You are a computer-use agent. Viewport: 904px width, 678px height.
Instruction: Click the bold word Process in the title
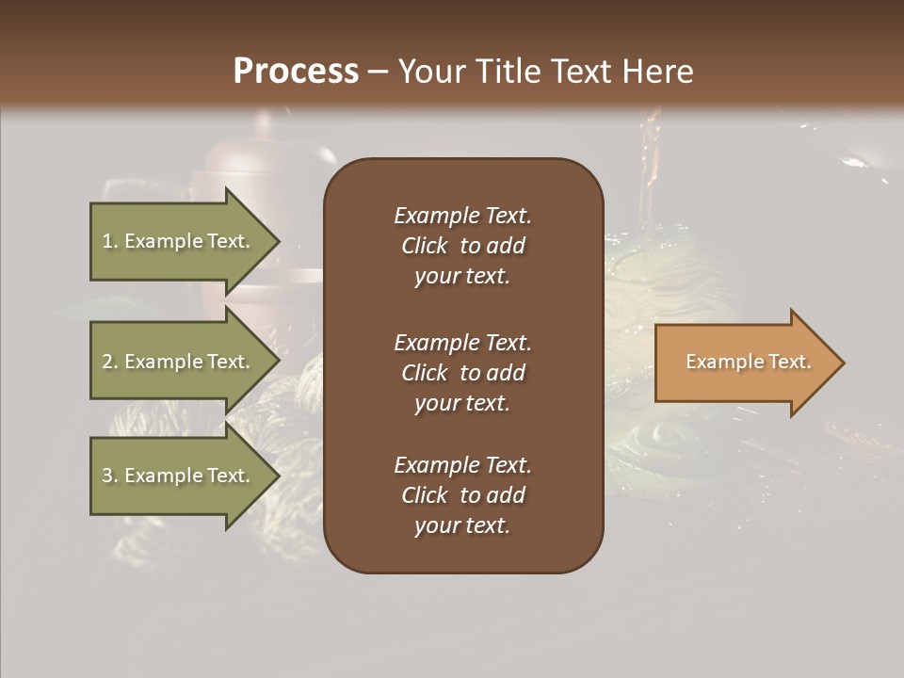click(296, 72)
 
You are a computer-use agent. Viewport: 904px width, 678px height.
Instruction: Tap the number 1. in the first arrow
click(110, 241)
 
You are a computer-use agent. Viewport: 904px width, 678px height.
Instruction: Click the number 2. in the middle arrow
click(110, 362)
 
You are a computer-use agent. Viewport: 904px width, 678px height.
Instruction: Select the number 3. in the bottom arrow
click(110, 476)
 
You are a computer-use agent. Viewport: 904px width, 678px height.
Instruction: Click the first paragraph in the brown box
click(462, 246)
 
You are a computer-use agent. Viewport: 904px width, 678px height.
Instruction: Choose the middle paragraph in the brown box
click(462, 373)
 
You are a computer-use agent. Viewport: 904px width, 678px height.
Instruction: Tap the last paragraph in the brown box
click(462, 495)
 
